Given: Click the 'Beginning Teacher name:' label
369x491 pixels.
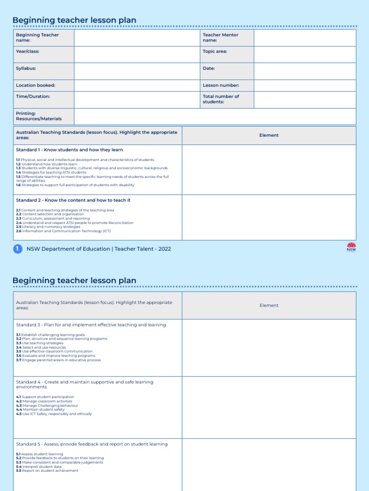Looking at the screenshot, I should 37,37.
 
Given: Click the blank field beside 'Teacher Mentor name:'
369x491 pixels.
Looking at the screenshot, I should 305,37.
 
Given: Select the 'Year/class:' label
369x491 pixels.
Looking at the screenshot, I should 28,51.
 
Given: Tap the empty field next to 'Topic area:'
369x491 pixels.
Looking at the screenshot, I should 305,54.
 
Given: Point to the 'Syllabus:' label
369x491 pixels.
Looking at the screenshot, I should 26,69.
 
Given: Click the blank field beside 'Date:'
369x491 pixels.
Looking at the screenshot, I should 305,71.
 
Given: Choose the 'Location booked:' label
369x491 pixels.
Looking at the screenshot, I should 36,85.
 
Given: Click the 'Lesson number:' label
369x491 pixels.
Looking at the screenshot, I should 221,85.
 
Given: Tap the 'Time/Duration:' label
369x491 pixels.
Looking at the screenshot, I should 33,96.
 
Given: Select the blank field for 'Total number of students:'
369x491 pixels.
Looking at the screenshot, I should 305,99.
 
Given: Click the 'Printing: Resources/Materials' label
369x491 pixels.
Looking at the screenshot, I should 39,116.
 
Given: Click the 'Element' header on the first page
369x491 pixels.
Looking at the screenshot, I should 269,135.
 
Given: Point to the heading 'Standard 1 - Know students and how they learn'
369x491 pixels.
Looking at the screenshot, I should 70,150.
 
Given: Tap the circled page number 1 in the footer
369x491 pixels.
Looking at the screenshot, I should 18,248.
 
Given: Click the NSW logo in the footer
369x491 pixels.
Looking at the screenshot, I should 352,247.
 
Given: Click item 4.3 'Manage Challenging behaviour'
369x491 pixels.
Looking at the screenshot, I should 47,406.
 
